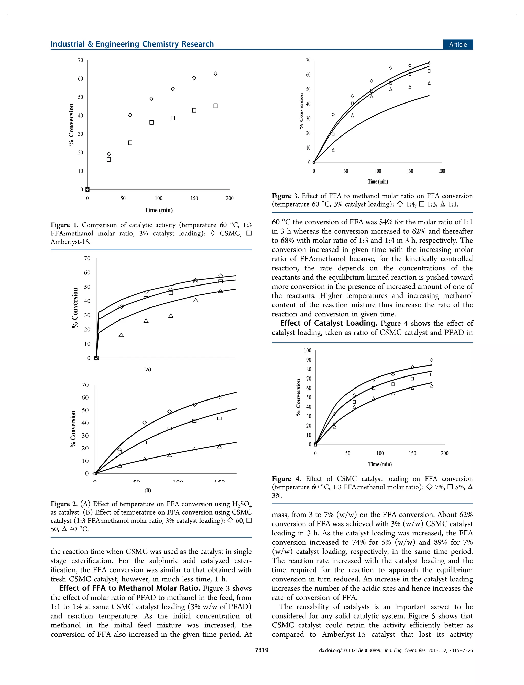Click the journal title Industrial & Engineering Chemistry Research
pyautogui.click(x=132, y=44)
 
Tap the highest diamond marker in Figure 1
pyautogui.click(x=215, y=74)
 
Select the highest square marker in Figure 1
pyautogui.click(x=215, y=106)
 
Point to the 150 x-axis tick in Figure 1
pyautogui.click(x=194, y=198)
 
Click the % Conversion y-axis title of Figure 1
pyautogui.click(x=71, y=124)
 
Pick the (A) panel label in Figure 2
pyautogui.click(x=148, y=369)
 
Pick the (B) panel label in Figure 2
pyautogui.click(x=148, y=490)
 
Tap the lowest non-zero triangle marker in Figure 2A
pyautogui.click(x=121, y=335)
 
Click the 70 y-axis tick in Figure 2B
pyautogui.click(x=85, y=385)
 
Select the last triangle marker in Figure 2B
pyautogui.click(x=219, y=446)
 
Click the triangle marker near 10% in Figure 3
pyautogui.click(x=333, y=150)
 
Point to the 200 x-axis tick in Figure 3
pyautogui.click(x=442, y=171)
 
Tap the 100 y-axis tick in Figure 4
pyautogui.click(x=308, y=350)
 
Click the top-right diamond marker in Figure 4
pyautogui.click(x=432, y=360)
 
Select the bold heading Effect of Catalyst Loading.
pyautogui.click(x=329, y=323)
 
